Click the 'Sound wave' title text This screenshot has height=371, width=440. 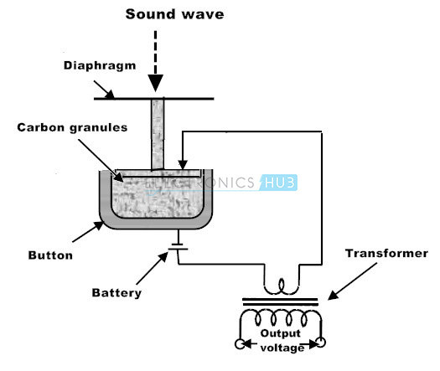click(x=174, y=14)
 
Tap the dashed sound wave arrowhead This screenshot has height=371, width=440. click(x=155, y=83)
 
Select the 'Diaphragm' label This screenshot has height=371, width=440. click(x=100, y=66)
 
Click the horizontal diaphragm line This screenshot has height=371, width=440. click(x=153, y=99)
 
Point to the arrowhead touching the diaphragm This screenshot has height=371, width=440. click(x=111, y=95)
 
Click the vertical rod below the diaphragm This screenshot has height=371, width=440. click(x=158, y=135)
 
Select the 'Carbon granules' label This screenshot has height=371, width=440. click(x=72, y=127)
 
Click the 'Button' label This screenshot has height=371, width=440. click(x=50, y=255)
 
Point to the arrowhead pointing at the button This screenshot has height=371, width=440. click(x=99, y=225)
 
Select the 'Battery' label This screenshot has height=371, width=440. click(x=116, y=293)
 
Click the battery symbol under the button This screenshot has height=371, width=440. click(x=178, y=246)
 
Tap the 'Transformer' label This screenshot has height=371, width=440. click(x=386, y=253)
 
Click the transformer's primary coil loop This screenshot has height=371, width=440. click(x=281, y=287)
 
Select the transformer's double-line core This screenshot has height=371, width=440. click(x=280, y=302)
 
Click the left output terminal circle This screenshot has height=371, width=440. click(x=240, y=344)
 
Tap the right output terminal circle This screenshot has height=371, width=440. click(x=320, y=343)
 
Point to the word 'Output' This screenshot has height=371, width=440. click(x=280, y=333)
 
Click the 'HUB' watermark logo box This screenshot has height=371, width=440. click(x=278, y=183)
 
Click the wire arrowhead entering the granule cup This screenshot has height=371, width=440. click(x=183, y=165)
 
